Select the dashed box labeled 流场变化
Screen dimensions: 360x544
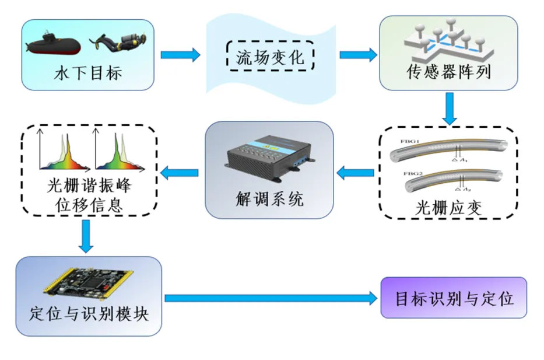pyautogui.click(x=270, y=57)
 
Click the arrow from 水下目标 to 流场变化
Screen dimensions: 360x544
pyautogui.click(x=180, y=55)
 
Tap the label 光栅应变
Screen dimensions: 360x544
pyautogui.click(x=450, y=207)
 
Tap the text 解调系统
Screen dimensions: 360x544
pyautogui.click(x=269, y=200)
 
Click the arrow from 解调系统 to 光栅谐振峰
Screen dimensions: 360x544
pyautogui.click(x=180, y=172)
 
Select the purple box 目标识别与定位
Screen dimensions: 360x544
pyautogui.click(x=454, y=298)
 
